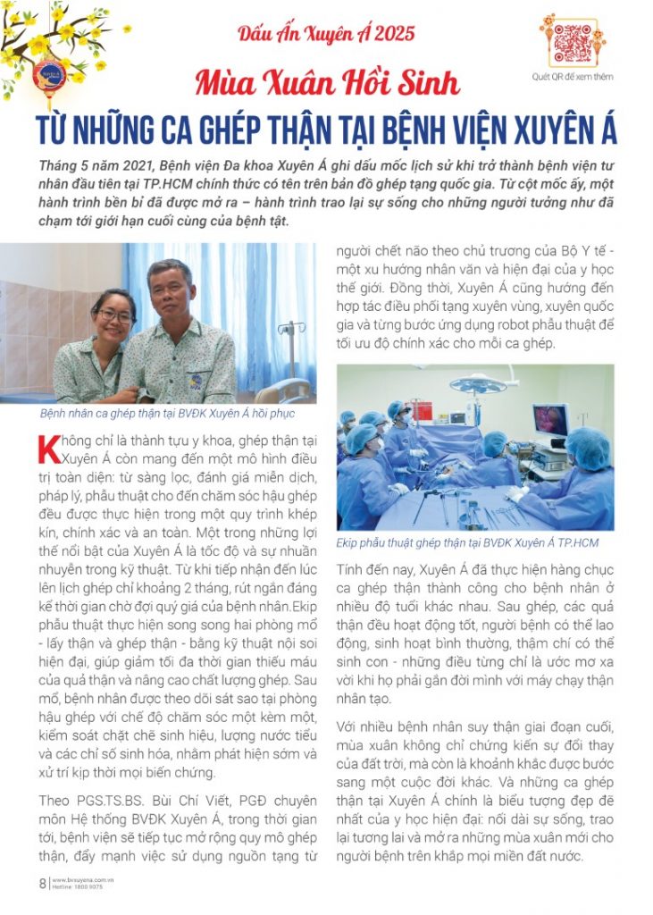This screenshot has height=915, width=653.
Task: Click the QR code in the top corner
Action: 573,43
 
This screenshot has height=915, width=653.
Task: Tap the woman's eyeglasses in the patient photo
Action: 114,315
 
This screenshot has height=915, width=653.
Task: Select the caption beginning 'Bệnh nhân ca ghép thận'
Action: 167,415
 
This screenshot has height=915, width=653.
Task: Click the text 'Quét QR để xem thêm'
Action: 573,78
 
